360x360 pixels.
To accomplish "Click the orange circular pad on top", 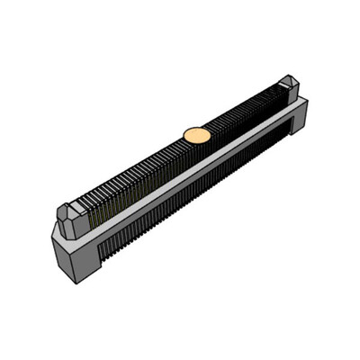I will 197,135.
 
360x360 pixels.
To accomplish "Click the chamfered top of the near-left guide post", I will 69,210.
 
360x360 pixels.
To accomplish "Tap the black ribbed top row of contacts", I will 144,171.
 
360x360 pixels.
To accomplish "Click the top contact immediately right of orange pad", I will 213,128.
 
